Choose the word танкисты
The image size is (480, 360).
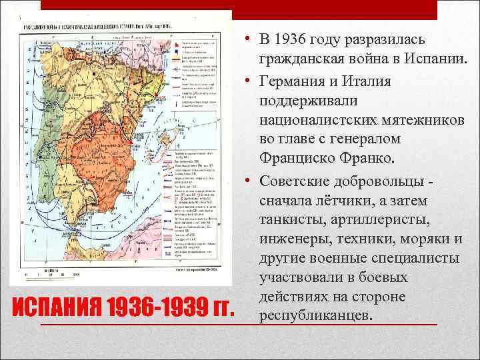click(x=293, y=219)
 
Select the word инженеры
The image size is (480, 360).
click(x=293, y=239)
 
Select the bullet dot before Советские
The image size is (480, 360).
click(x=247, y=181)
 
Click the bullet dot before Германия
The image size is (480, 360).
click(x=247, y=81)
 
